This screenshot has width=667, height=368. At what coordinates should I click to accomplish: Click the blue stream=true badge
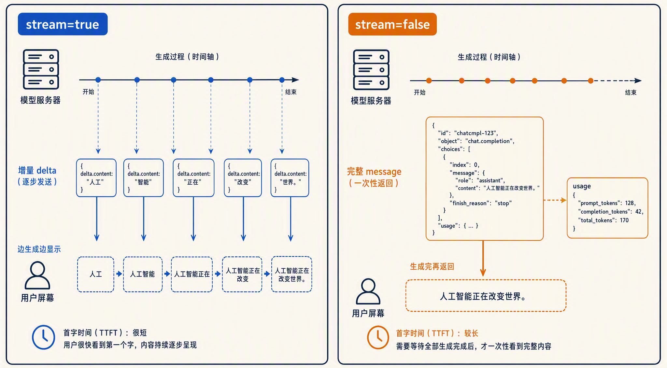coord(63,24)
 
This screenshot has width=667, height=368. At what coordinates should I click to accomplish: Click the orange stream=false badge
coord(392,24)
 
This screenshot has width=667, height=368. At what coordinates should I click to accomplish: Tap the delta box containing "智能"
coord(144,178)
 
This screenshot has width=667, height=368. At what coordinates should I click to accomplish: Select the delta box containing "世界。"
coord(290,178)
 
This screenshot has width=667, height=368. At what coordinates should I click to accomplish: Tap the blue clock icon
coord(44,337)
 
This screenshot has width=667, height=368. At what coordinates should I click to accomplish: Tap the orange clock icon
coord(378,337)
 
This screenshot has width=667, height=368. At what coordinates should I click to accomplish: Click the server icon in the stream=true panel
coord(41,69)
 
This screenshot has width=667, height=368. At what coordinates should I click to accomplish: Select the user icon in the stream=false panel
coord(368,291)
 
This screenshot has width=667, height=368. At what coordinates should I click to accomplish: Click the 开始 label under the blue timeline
coord(88,92)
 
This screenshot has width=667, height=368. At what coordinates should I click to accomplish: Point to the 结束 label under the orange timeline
coord(631,92)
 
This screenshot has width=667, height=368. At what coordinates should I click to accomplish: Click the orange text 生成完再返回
coord(432,266)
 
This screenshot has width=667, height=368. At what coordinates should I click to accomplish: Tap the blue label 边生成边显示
coord(39,249)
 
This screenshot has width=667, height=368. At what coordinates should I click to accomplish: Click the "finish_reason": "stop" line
coord(481,203)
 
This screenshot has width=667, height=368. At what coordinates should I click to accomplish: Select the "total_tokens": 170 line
coord(603,220)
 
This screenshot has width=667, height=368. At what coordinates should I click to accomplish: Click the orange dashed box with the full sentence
coord(486,296)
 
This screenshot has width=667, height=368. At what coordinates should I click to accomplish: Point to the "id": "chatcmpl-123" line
coord(468,133)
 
